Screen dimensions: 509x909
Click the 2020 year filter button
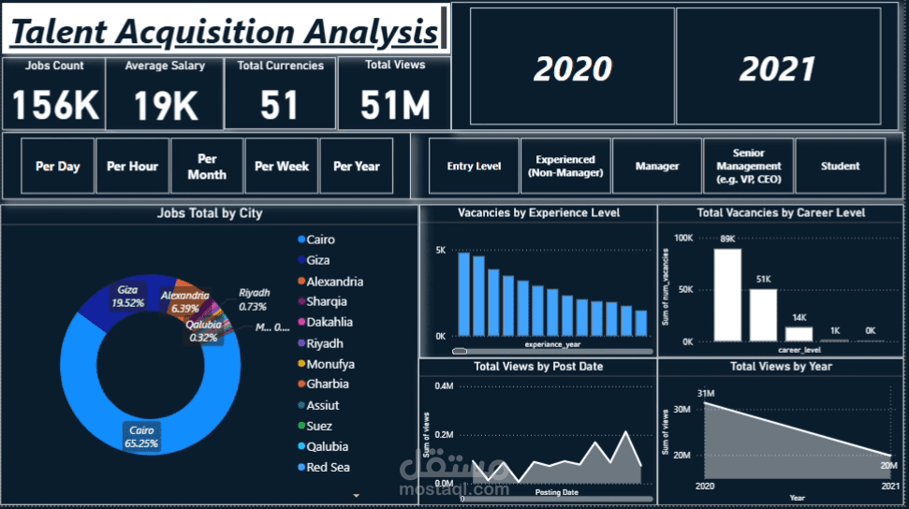click(572, 68)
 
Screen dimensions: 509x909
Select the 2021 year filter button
click(778, 68)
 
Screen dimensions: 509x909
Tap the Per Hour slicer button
click(132, 167)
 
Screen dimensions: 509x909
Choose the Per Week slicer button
click(282, 167)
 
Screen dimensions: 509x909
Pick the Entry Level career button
click(474, 167)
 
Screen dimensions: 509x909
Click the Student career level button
click(840, 167)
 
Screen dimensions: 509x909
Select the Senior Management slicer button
click(748, 167)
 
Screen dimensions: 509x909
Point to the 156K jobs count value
click(55, 106)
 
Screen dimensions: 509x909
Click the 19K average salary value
click(166, 106)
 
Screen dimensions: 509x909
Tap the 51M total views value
click(394, 106)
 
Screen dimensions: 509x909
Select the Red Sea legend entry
click(328, 467)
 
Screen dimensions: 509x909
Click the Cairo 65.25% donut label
click(141, 436)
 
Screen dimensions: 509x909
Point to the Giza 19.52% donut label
click(128, 297)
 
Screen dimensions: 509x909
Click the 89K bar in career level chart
click(727, 295)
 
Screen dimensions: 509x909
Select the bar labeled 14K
click(799, 333)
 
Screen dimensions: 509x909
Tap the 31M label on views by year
click(706, 393)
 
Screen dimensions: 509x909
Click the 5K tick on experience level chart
click(441, 251)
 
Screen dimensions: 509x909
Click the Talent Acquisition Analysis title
click(224, 32)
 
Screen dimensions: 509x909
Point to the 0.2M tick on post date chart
click(443, 435)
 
